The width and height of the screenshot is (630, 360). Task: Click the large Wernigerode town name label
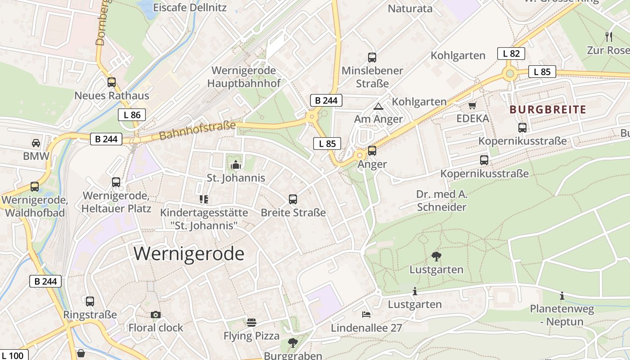coord(189,254)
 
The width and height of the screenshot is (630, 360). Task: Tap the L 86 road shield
coord(132,115)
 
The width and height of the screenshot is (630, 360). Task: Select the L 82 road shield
coord(511,54)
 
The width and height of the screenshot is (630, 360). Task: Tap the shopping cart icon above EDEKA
coord(472,106)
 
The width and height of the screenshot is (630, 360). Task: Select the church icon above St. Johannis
coord(235,165)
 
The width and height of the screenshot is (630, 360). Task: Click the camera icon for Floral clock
coord(156,315)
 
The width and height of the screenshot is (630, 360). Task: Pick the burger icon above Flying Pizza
coord(252,322)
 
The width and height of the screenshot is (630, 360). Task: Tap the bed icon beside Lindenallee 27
coord(366,314)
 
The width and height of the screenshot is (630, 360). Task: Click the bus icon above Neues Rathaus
coord(112,82)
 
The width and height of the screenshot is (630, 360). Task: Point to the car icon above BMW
coord(36,143)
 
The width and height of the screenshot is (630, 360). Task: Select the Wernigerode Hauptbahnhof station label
coord(244,77)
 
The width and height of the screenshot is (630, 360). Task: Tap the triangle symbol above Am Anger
coord(378,106)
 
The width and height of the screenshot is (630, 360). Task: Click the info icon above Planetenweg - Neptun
coord(562,296)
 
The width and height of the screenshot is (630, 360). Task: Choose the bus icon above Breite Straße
coord(293,199)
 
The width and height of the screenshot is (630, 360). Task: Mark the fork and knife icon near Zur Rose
coord(609,36)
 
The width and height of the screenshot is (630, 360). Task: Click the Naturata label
coord(410,9)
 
